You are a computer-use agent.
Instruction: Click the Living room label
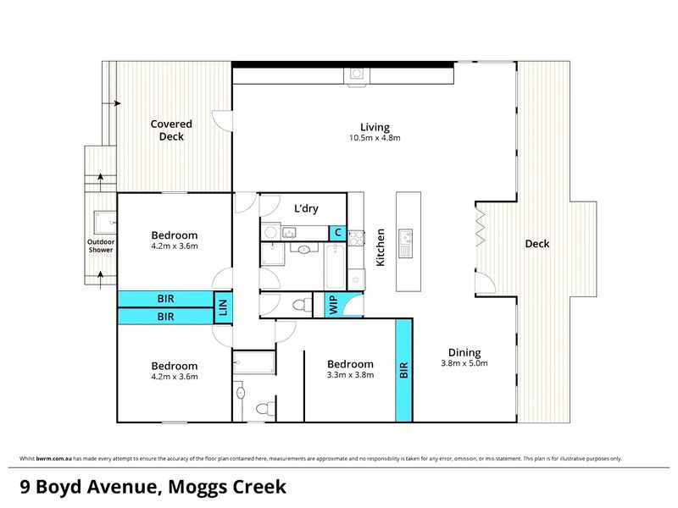coord(375,128)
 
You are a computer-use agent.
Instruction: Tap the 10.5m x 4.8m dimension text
coord(375,138)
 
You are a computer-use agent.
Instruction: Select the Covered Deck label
coord(171,130)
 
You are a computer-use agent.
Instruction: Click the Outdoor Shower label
coord(101,246)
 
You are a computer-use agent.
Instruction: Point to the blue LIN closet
coord(223,307)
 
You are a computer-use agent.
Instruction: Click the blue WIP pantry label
coord(333,305)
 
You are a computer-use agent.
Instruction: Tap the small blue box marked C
coord(337,233)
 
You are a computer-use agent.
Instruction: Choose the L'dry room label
coord(306,208)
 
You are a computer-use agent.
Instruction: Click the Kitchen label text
coord(380,247)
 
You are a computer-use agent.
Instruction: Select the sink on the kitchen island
coord(405,243)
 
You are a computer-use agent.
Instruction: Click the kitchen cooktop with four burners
coord(356,238)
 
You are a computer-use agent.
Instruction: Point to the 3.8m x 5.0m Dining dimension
coord(464,363)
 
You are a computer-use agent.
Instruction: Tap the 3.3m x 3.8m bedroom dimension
coord(350,375)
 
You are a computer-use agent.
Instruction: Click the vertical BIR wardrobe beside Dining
coord(404,370)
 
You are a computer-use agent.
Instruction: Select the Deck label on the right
coord(537,244)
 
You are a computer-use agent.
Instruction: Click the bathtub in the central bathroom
coord(335,267)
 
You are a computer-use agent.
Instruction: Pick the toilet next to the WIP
coord(303,305)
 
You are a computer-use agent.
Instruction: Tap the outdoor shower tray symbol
coord(105,223)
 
